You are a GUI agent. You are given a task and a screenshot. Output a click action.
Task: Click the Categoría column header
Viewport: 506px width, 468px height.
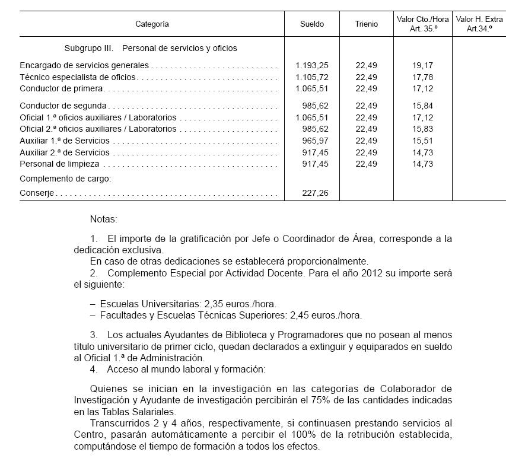tap(152, 24)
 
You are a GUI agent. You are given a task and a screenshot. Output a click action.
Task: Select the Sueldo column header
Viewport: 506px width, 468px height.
tap(312, 24)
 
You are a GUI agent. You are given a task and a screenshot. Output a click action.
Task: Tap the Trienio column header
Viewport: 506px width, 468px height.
tap(366, 24)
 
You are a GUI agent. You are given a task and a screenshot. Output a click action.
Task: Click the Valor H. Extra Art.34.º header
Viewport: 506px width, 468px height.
tap(479, 24)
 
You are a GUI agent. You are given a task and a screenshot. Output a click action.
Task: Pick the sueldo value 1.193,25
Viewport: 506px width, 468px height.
tap(311, 65)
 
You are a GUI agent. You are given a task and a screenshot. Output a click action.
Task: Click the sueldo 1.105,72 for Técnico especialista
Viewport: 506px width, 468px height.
tap(311, 77)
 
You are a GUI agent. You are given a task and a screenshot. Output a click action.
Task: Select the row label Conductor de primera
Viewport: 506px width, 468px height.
tap(62, 88)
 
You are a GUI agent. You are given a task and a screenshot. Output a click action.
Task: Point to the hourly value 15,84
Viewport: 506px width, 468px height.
tap(422, 106)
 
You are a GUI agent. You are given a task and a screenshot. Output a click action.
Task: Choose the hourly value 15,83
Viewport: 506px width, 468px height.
tap(422, 129)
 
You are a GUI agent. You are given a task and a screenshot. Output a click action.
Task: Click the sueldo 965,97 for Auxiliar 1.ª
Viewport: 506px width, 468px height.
tap(316, 141)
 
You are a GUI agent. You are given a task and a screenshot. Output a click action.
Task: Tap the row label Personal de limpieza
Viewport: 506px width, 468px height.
tap(59, 164)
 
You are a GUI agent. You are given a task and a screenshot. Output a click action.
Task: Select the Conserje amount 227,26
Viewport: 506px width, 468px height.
tap(316, 193)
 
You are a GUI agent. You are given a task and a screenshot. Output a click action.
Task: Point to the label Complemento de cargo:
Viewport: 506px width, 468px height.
tap(65, 179)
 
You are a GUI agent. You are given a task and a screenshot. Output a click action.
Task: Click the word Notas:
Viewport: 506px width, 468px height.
tap(104, 219)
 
